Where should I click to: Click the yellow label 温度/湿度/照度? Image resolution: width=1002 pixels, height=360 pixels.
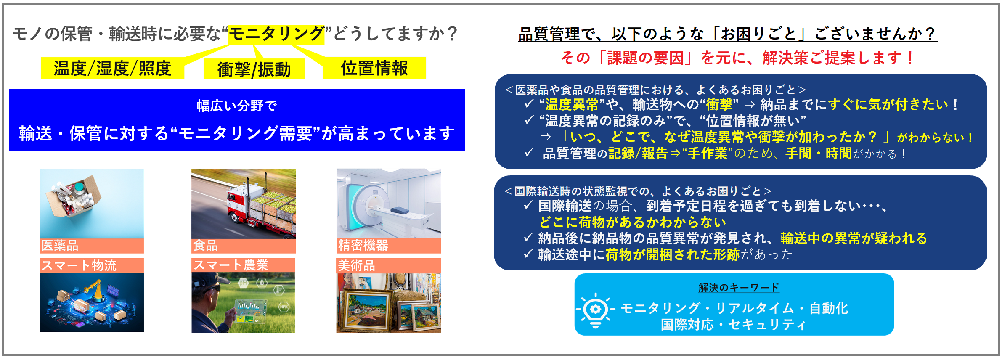(112, 68)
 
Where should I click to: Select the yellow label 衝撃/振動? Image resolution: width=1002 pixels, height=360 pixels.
(254, 69)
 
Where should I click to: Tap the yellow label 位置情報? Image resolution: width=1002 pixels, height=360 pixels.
(374, 68)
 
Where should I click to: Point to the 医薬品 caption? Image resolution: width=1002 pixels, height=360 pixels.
(60, 245)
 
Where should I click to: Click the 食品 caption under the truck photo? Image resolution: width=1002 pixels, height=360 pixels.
(205, 245)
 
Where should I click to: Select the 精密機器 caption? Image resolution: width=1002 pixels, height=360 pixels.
(363, 245)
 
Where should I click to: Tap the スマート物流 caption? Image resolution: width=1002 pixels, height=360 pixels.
(79, 265)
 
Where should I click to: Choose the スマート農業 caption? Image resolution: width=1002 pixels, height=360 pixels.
(231, 265)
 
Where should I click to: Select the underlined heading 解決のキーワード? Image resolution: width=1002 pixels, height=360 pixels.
(739, 288)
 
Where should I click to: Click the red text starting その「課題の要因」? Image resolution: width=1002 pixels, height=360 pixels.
(737, 58)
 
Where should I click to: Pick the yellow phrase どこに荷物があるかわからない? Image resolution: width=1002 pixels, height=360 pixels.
(633, 222)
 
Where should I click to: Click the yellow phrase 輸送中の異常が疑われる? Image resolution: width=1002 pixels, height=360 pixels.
(854, 238)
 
